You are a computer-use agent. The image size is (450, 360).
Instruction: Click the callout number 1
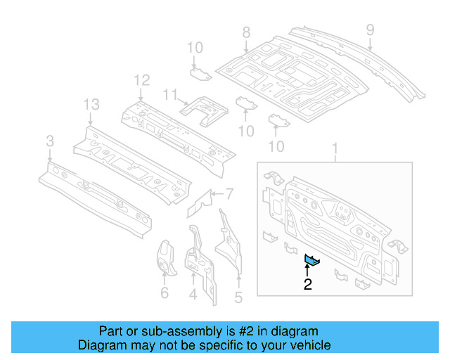[x=335, y=148]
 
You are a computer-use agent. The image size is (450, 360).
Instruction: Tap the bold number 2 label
[x=307, y=285]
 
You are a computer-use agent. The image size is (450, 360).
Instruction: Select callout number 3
[x=49, y=143]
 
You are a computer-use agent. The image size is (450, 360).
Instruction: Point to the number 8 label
[x=246, y=32]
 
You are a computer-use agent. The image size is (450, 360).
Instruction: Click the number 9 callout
[x=370, y=30]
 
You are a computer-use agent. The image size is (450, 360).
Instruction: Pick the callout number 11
[x=169, y=94]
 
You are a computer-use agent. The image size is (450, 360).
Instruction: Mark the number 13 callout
[x=92, y=105]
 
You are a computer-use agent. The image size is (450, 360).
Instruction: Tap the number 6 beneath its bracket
[x=165, y=292]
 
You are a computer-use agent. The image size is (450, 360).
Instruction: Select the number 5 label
[x=238, y=297]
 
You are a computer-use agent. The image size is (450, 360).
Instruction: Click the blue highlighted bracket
[x=311, y=261]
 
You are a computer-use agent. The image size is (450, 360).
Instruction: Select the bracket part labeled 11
[x=203, y=109]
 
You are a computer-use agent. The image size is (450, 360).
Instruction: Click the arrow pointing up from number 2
[x=307, y=271]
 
